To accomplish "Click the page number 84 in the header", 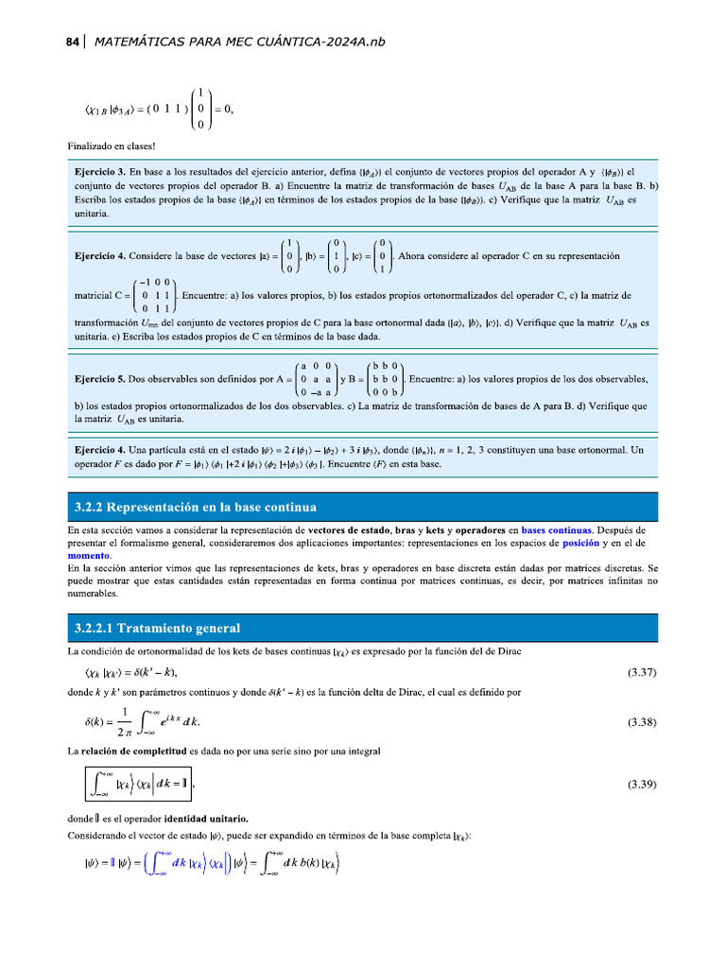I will [x=72, y=42].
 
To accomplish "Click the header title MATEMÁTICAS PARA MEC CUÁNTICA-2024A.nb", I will [x=240, y=42].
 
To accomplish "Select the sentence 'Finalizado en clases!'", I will [x=111, y=146].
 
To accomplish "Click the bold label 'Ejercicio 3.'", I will [x=99, y=173].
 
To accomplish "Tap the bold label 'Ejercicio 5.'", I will [x=99, y=379].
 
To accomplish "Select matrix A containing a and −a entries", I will [x=317, y=379].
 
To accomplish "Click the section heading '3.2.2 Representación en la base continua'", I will [x=196, y=507].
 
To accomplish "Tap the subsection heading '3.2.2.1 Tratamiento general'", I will [x=157, y=628].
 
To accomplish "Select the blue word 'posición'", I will [x=580, y=544].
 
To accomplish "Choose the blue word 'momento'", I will [x=88, y=557].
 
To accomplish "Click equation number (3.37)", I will [x=643, y=673].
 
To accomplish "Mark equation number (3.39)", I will [x=643, y=784].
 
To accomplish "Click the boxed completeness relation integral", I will [x=138, y=784].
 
